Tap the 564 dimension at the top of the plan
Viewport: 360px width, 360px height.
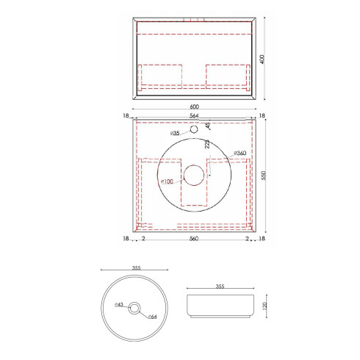[x=194, y=115]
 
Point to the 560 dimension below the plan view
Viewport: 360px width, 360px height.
[x=194, y=239]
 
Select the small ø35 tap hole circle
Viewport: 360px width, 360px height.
[x=195, y=130]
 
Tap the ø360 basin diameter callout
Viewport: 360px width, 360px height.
[x=238, y=153]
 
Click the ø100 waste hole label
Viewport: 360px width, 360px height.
[x=167, y=181]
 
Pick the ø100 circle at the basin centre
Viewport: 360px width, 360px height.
[x=194, y=175]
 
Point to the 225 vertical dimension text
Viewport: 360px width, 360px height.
[x=208, y=145]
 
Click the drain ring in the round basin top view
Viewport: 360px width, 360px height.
[x=134, y=309]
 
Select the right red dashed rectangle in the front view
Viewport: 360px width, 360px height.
[x=228, y=75]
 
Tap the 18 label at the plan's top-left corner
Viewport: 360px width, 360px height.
[x=127, y=115]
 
